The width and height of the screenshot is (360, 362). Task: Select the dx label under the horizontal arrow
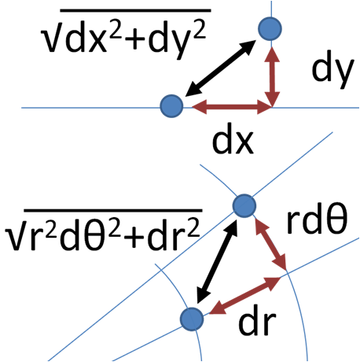233,142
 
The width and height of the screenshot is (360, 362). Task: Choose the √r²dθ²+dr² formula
103,234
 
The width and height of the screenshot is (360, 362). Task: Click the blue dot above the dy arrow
270,28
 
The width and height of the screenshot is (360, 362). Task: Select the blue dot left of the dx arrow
171,106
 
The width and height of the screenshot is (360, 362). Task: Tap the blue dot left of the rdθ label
244,205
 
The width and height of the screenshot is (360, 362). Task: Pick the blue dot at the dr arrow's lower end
192,319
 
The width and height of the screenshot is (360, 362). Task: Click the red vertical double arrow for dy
272,77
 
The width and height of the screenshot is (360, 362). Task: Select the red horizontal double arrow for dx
232,107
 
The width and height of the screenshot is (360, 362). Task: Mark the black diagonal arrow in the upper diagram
220,68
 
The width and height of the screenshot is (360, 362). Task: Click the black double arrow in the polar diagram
218,264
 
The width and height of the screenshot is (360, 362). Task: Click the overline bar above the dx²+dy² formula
136,10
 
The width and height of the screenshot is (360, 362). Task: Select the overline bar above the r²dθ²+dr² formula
113,210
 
